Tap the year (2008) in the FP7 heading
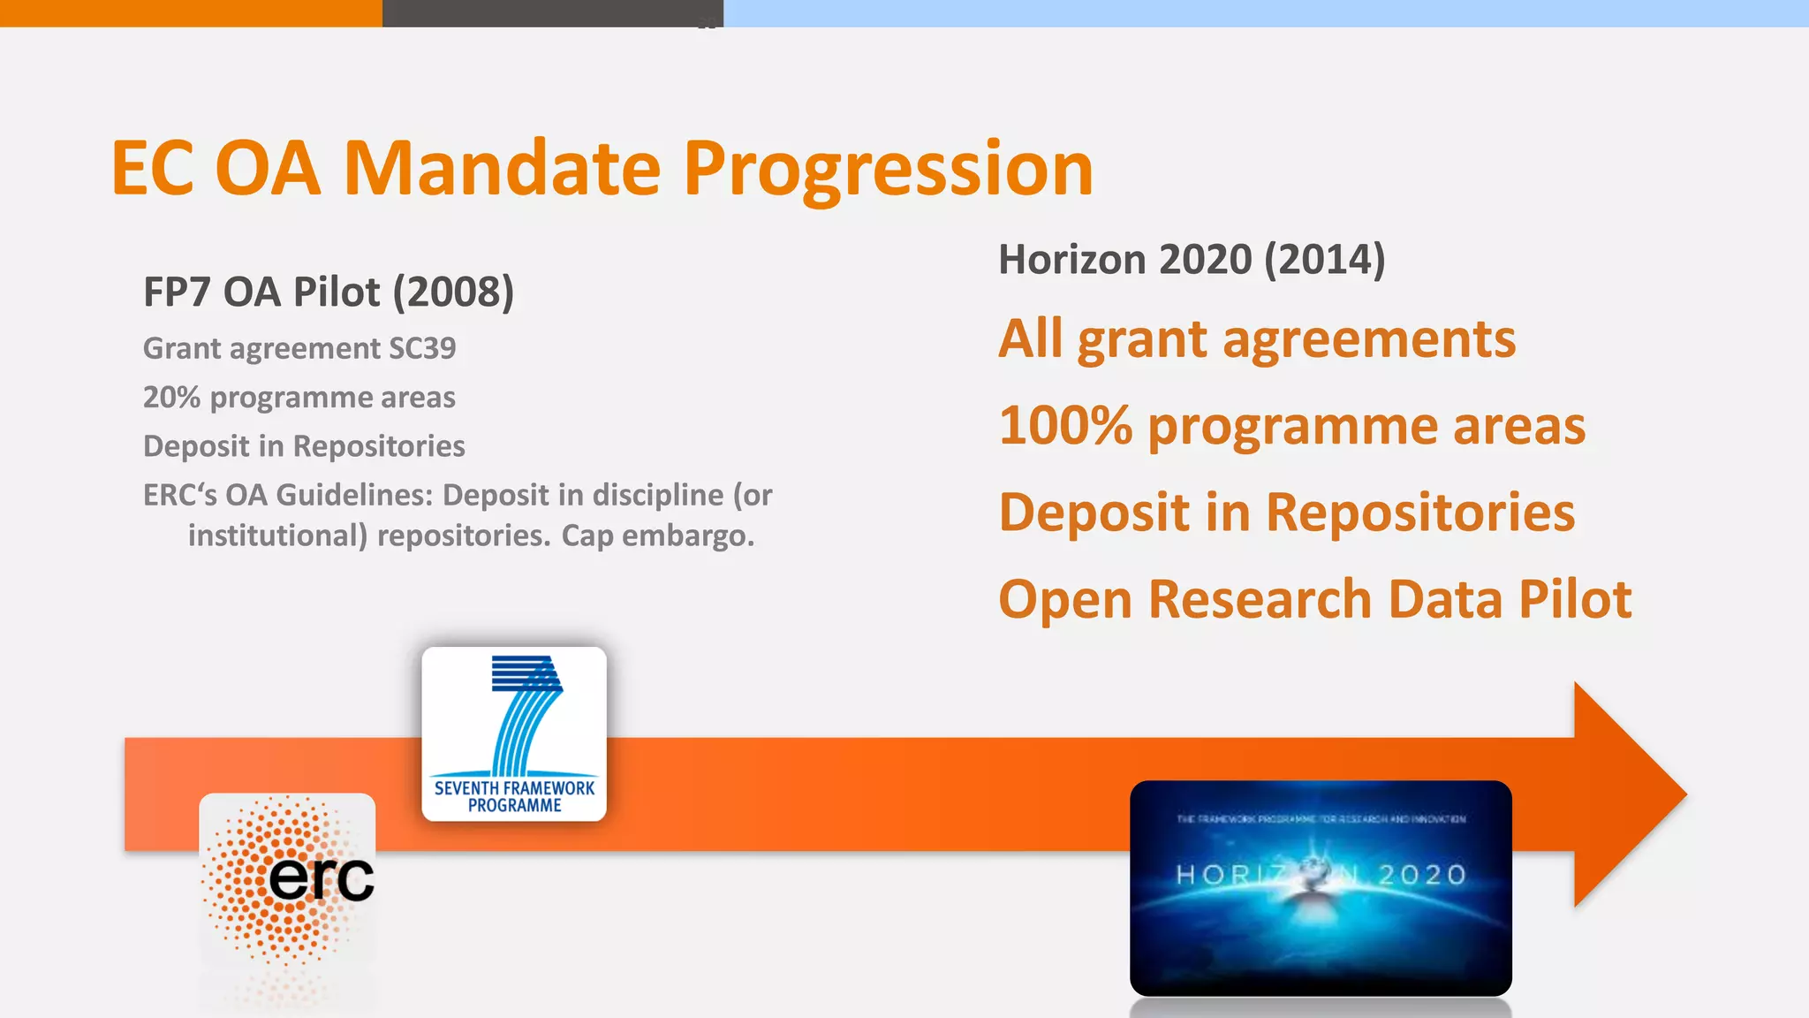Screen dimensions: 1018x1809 click(x=453, y=292)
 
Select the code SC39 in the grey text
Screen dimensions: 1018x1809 click(x=422, y=348)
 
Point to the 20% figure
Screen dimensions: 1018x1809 click(x=172, y=398)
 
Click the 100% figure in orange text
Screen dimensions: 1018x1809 click(x=1065, y=426)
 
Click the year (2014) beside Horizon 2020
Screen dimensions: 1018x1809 click(x=1324, y=260)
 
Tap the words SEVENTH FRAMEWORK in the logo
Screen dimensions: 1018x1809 click(x=514, y=787)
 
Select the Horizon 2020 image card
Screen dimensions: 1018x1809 click(x=1321, y=887)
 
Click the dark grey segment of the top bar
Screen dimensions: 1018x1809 click(x=552, y=12)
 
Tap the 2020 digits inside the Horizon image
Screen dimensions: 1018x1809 click(x=1422, y=875)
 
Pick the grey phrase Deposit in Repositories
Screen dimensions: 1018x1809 click(x=304, y=446)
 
